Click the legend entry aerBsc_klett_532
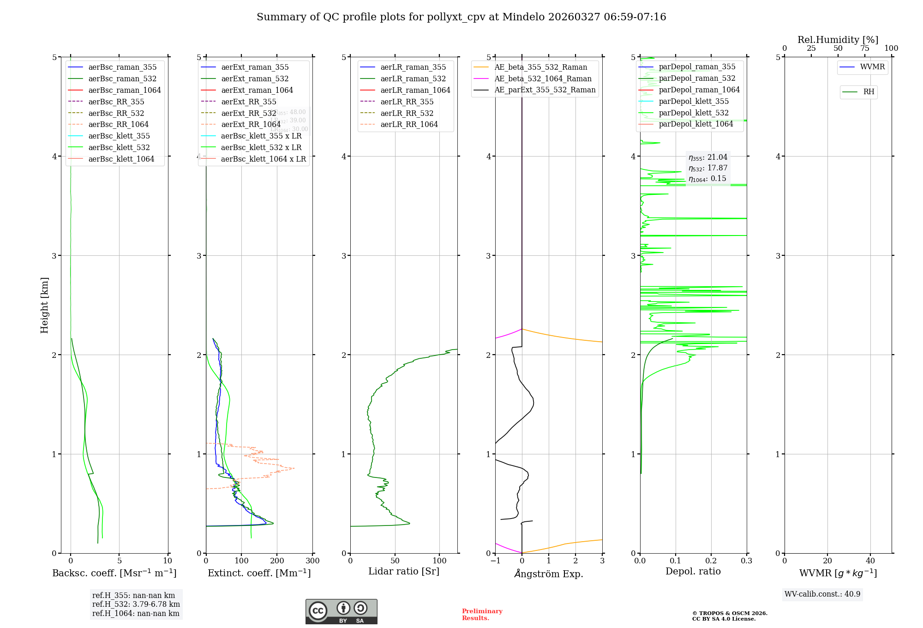119,148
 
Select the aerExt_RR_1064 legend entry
251,125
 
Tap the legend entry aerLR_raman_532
413,79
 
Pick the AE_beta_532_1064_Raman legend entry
543,79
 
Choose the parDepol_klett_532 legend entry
694,113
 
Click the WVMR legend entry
872,67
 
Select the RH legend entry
869,92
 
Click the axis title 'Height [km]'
44,305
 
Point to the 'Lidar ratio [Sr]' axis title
404,572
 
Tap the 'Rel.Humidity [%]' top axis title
838,40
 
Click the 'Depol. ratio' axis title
693,572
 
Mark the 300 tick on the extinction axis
312,561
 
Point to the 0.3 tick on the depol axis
746,561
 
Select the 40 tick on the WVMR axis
870,561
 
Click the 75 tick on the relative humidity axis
864,48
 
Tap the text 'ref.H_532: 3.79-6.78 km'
136,604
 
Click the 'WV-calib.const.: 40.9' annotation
822,594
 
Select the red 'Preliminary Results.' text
482,615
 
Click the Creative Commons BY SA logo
341,612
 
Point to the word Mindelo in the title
523,17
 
